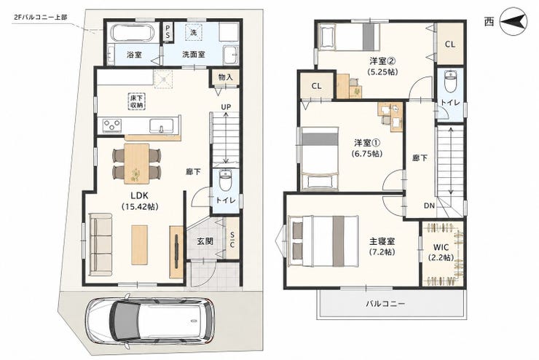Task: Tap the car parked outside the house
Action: [x=150, y=318]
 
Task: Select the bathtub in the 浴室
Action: [x=133, y=34]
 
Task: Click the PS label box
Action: [x=168, y=31]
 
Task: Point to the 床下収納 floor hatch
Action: [x=138, y=102]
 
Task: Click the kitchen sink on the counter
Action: [x=162, y=126]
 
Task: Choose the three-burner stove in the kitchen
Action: [x=112, y=125]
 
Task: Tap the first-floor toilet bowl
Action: [x=226, y=181]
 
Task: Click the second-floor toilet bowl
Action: [x=450, y=81]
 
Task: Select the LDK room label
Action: [x=139, y=195]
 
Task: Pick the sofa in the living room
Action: [x=101, y=244]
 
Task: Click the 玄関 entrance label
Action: [x=205, y=241]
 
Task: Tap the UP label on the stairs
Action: [x=226, y=107]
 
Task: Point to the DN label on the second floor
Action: [x=429, y=206]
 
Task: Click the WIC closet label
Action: [x=441, y=247]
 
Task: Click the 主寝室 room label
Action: [x=382, y=241]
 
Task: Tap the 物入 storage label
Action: [x=226, y=77]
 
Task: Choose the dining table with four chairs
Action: [x=137, y=164]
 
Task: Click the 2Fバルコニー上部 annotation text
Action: [x=41, y=17]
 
